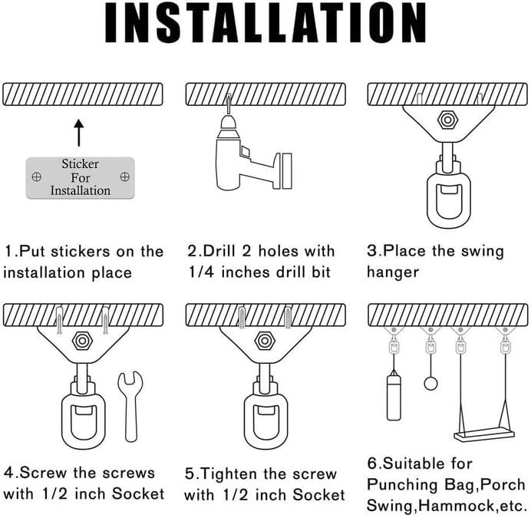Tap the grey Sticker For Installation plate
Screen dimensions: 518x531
[80, 177]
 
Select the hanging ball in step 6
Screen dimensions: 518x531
[430, 383]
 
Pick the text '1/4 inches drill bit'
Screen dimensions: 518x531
[259, 272]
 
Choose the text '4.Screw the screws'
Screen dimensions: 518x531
[79, 473]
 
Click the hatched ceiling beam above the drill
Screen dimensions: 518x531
[265, 94]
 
